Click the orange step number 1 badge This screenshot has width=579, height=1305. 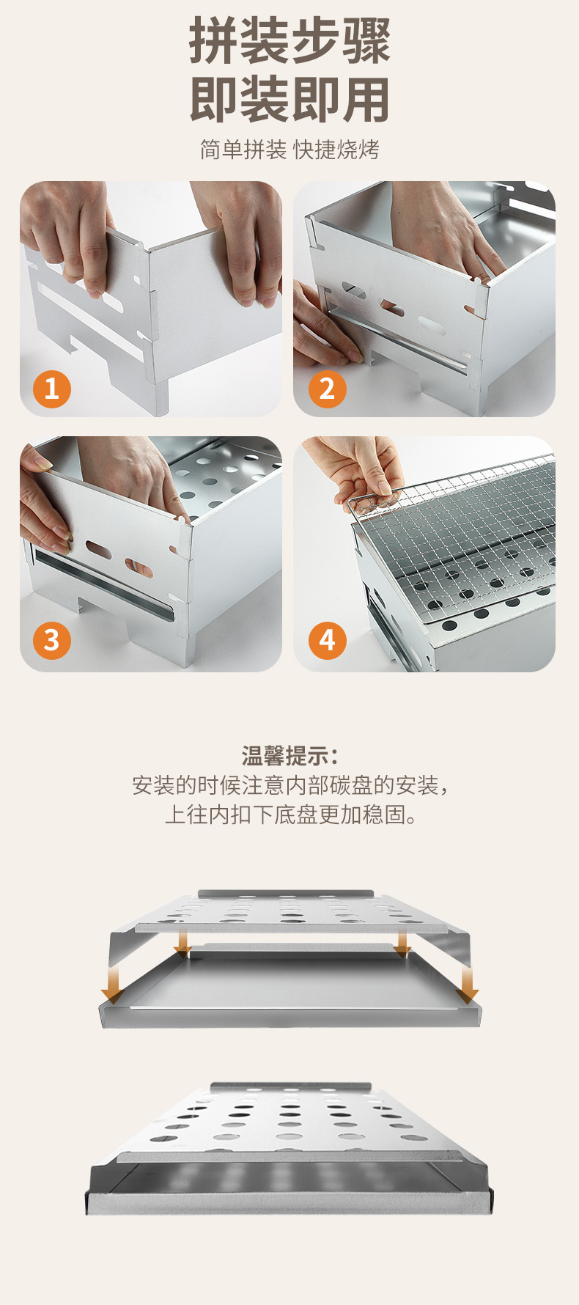tap(52, 389)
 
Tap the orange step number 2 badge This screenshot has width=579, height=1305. tap(327, 389)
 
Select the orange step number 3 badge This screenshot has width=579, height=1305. tap(52, 639)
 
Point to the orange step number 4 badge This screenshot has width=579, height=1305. tap(327, 639)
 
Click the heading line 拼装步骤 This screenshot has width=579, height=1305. tap(289, 42)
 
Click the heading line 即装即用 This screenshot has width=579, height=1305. tap(289, 100)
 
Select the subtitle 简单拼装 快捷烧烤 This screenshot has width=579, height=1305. tap(289, 150)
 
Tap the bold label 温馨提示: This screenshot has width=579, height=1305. tap(289, 755)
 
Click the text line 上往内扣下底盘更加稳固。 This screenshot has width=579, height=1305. tap(289, 815)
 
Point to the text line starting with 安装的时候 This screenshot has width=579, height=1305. tap(289, 785)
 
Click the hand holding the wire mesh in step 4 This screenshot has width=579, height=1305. tap(359, 469)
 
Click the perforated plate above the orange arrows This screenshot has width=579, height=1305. tap(289, 913)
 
